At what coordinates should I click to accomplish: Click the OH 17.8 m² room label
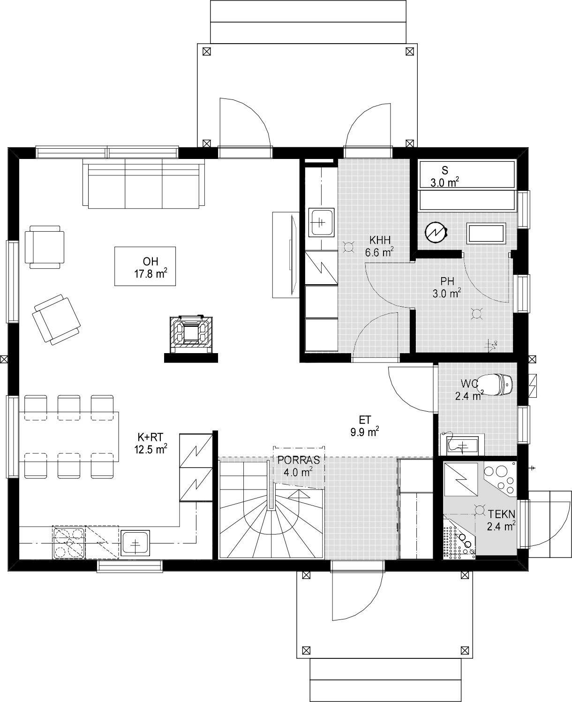(151, 268)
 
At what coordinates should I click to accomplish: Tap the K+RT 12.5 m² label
(150, 443)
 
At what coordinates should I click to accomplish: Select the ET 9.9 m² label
(365, 426)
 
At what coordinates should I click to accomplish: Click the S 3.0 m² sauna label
(445, 177)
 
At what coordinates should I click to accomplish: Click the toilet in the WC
(495, 383)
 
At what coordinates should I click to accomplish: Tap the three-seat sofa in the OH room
(143, 183)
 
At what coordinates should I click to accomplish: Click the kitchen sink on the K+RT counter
(135, 543)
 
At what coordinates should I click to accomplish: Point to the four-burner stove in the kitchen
(68, 543)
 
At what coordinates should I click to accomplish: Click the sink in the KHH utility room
(322, 222)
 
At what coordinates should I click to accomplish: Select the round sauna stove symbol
(436, 232)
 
